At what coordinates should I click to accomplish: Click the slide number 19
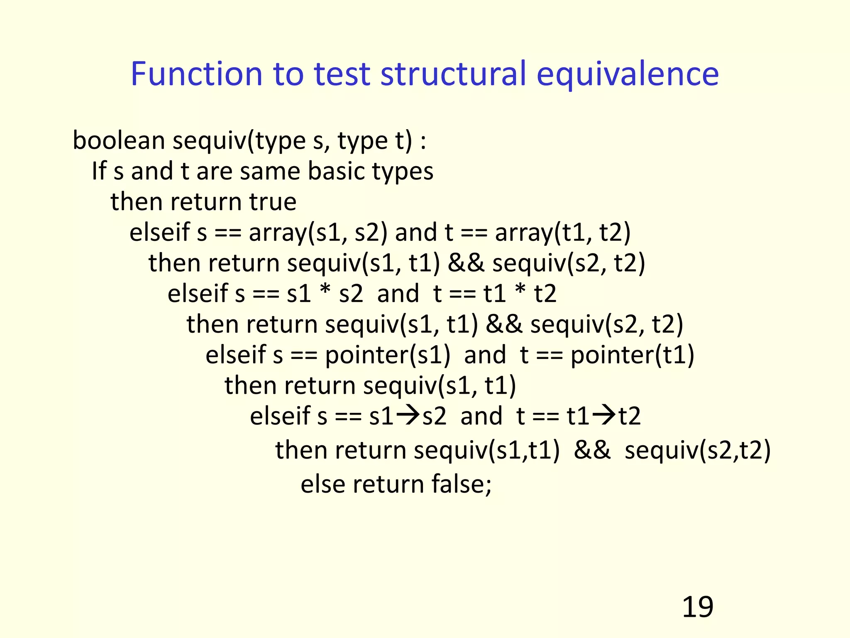(x=697, y=607)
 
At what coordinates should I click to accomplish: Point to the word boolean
(x=119, y=140)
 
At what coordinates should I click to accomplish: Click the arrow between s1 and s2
(x=408, y=415)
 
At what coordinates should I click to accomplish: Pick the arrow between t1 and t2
(x=604, y=415)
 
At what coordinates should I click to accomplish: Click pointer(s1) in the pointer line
(x=387, y=355)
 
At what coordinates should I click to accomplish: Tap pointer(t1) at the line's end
(x=632, y=355)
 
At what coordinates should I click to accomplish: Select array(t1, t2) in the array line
(x=562, y=232)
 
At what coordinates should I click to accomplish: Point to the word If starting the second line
(x=99, y=171)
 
